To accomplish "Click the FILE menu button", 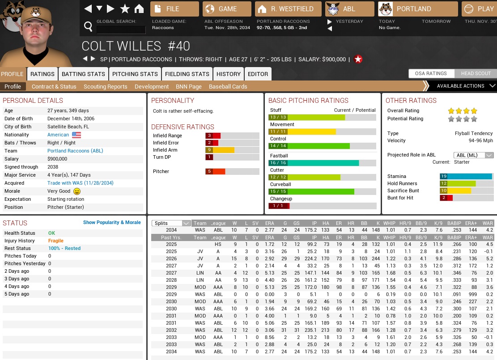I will (174, 9).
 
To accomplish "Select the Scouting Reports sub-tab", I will (105, 86).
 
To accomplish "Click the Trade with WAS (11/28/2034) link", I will (81, 183).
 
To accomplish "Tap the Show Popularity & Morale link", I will (112, 222).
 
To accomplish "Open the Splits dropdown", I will (171, 223).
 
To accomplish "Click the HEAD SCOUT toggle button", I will (476, 73).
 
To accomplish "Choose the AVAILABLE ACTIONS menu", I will (461, 86).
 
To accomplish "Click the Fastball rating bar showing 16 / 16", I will (322, 163).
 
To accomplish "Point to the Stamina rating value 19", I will (443, 176).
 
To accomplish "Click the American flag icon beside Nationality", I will (76, 135).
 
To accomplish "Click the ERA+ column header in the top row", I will (471, 223).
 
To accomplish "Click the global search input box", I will (121, 30).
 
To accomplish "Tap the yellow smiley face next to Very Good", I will (76, 191).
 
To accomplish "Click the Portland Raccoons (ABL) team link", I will (75, 151).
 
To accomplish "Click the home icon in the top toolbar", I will (139, 9).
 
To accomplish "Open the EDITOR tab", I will (258, 74).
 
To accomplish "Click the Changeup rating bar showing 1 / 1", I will (322, 206).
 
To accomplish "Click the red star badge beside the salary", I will (358, 59).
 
